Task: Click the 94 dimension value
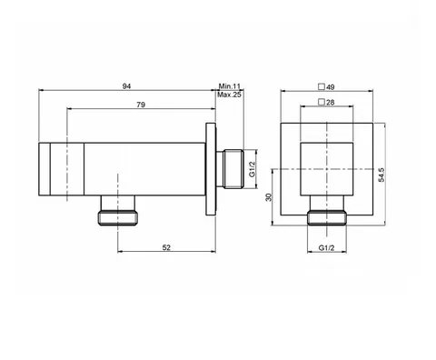point(126,86)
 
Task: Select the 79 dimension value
point(141,105)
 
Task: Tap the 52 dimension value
point(166,247)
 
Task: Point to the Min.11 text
point(230,86)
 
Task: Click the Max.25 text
point(229,95)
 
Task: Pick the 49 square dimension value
point(331,87)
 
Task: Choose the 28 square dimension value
point(331,103)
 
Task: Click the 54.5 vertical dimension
point(381,175)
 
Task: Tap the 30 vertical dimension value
point(269,197)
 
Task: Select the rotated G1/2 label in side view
point(252,169)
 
